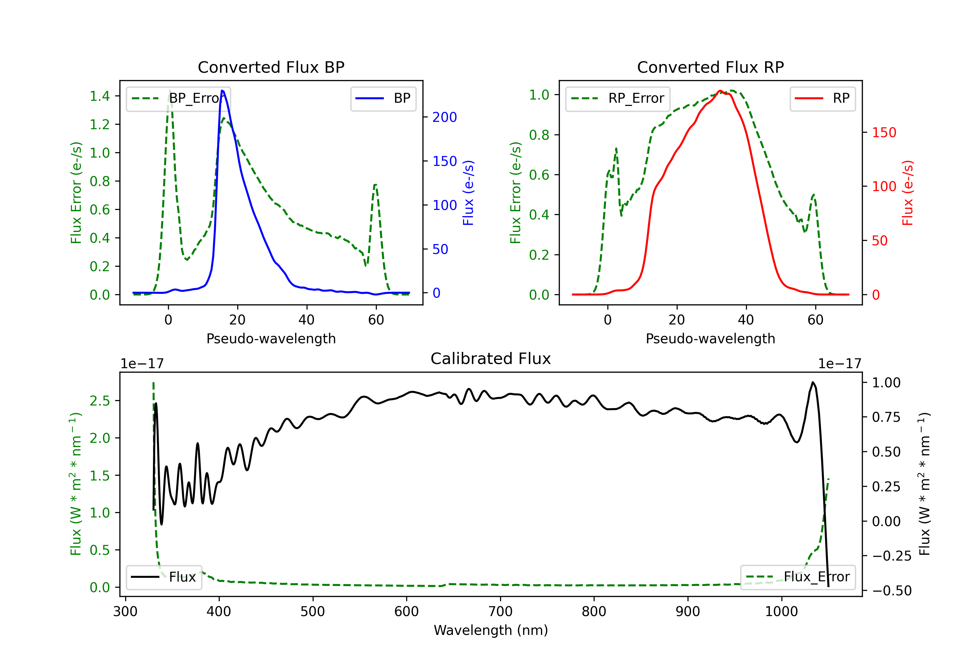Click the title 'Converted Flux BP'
[271, 67]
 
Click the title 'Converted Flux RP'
[710, 67]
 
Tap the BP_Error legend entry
[179, 98]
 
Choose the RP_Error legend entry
[618, 98]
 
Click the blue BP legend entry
[383, 98]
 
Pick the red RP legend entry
[822, 98]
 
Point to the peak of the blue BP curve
[222, 91]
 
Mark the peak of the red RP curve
[720, 91]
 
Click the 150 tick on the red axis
[884, 133]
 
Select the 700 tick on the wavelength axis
[500, 611]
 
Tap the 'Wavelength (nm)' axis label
[491, 630]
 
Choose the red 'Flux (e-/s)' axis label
[908, 193]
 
